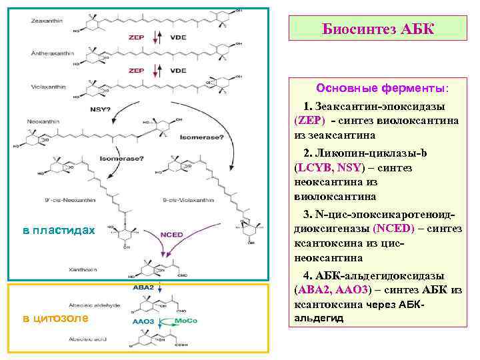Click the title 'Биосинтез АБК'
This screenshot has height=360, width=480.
[377, 29]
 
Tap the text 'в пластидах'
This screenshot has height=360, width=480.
[59, 231]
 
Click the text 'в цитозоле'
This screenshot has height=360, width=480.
[55, 318]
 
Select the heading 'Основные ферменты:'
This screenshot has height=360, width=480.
[382, 88]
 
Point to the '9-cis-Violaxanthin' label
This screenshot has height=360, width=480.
[185, 199]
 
